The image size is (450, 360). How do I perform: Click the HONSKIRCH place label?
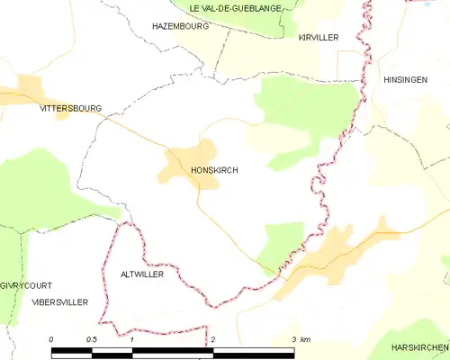click(215, 168)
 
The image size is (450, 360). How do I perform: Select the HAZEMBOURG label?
click(180, 26)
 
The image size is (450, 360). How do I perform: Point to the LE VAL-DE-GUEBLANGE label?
click(235, 8)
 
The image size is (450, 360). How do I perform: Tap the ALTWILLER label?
click(141, 274)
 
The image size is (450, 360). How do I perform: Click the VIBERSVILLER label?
click(58, 302)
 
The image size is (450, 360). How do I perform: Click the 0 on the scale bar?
click(51, 339)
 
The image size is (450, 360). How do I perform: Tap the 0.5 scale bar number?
click(91, 339)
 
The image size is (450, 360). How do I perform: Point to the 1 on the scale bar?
click(131, 339)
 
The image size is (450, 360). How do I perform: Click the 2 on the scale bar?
click(212, 339)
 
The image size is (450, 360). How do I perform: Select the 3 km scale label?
click(300, 339)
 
